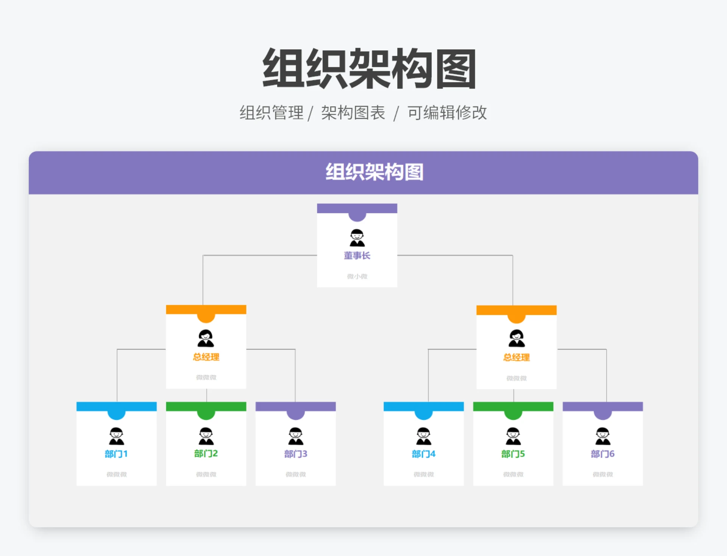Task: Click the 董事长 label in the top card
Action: point(357,256)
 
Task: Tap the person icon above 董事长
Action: point(357,238)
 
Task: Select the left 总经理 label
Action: point(206,357)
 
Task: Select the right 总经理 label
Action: point(516,357)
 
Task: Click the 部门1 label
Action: point(116,454)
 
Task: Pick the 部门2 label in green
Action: point(206,453)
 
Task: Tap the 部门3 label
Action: point(296,454)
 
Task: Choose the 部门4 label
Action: point(423,454)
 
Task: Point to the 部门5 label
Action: point(513,454)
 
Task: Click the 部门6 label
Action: point(602,454)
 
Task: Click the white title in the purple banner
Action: point(374,172)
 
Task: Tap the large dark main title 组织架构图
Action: point(369,69)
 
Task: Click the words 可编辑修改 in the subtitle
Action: point(447,113)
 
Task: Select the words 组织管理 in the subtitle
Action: point(271,113)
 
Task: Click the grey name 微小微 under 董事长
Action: point(357,276)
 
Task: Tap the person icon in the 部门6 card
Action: point(602,436)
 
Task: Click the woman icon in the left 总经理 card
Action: point(206,339)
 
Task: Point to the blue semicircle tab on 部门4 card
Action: point(423,415)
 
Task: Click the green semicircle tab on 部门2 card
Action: point(206,415)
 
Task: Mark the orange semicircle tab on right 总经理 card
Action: point(516,318)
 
